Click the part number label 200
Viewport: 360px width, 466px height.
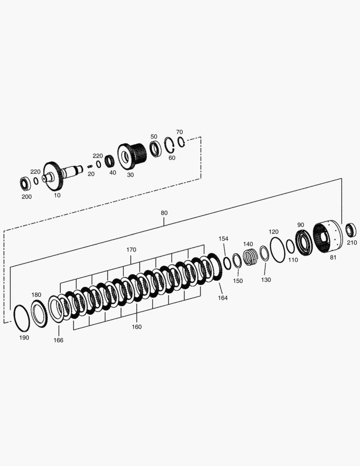click(x=27, y=197)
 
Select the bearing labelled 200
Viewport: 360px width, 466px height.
click(x=25, y=184)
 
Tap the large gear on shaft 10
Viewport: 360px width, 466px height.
click(x=54, y=177)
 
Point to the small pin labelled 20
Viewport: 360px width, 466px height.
click(x=90, y=167)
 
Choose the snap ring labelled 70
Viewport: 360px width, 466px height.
click(x=182, y=142)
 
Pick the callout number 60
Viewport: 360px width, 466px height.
click(x=172, y=158)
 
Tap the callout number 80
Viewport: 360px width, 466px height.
click(x=164, y=213)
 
